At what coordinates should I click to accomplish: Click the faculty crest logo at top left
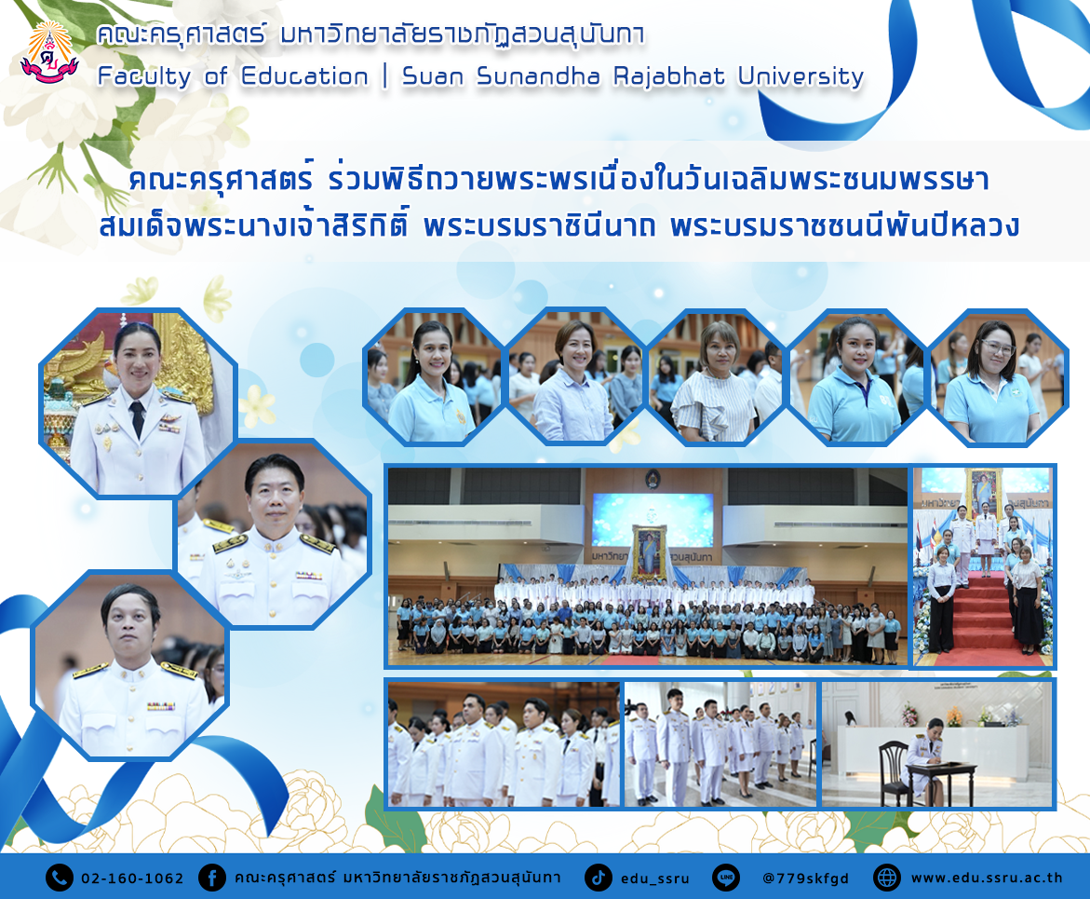[48, 52]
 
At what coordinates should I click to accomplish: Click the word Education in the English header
[304, 76]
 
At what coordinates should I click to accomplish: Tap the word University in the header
[801, 76]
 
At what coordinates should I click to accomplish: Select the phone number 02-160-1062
[132, 879]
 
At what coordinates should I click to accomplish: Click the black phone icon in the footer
[60, 878]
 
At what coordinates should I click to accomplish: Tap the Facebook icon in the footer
[212, 878]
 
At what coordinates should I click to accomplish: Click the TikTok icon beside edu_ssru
[598, 878]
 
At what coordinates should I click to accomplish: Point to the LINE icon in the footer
[726, 878]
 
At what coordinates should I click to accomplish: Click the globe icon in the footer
[887, 878]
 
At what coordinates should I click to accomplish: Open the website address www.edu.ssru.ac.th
[987, 879]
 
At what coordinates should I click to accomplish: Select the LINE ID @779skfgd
[806, 879]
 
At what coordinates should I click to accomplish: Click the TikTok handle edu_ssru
[654, 879]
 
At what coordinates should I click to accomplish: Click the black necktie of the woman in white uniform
[138, 418]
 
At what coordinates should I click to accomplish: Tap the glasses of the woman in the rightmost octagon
[997, 347]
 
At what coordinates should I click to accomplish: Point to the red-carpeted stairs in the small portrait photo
[983, 616]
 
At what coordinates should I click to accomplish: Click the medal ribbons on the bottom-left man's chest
[161, 706]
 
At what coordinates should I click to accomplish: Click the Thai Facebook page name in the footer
[397, 878]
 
